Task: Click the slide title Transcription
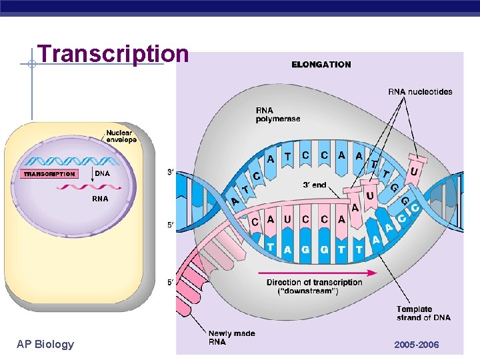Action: coord(113,54)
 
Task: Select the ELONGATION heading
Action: coord(321,65)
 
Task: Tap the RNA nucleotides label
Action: coord(420,92)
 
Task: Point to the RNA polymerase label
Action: coord(277,114)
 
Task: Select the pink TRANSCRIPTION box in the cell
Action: coord(49,174)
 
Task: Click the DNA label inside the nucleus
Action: coord(102,173)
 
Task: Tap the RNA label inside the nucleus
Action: coord(100,199)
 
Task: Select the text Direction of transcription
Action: coord(314,283)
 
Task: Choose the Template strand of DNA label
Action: coord(423,313)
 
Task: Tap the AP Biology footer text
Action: coord(45,344)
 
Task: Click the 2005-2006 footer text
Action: coord(417,345)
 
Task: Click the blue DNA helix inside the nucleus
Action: coord(73,161)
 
